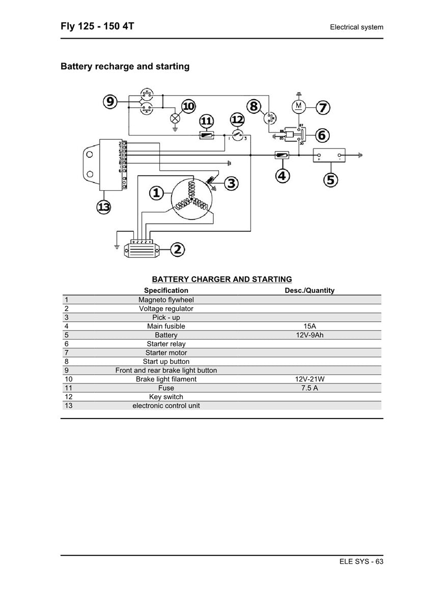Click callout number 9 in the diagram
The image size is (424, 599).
point(110,102)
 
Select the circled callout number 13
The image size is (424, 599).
point(104,206)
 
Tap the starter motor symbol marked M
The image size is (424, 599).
point(299,106)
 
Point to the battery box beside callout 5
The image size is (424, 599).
point(328,155)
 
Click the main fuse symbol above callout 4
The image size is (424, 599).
point(282,155)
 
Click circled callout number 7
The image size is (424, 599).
point(323,108)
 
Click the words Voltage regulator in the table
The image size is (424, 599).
point(166,309)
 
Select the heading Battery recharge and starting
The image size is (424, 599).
point(125,67)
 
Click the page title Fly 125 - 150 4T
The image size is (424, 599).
point(97,26)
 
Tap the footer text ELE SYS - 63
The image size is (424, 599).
point(361,561)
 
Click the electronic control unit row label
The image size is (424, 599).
point(166,405)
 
